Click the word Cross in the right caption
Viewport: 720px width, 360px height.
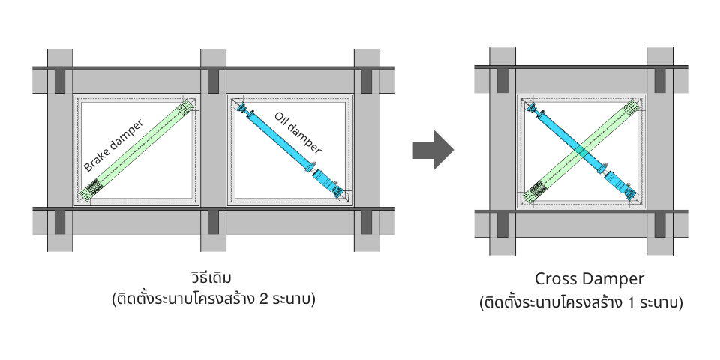pos(556,279)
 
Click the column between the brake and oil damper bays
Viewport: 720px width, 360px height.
pos(213,150)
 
